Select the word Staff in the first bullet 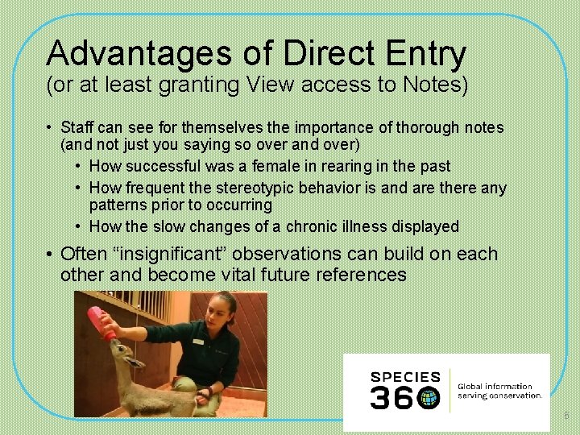pos(77,127)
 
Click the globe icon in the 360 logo pos(429,397)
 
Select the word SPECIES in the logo pos(405,377)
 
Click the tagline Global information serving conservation pos(499,391)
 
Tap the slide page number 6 pos(565,415)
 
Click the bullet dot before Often pos(50,255)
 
